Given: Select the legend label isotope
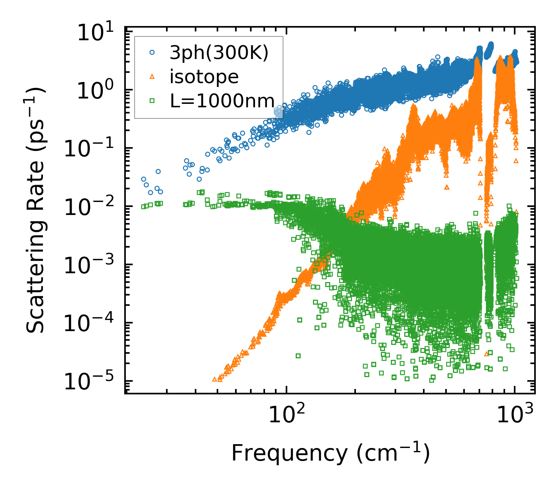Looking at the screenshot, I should click(x=204, y=77).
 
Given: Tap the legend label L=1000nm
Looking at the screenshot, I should click(x=222, y=101).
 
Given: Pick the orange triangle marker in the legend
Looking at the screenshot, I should click(x=152, y=77).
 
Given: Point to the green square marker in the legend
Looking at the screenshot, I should click(x=152, y=101).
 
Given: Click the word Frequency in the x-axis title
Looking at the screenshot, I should click(x=289, y=454).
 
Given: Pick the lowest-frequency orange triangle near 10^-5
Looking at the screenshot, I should click(x=214, y=379).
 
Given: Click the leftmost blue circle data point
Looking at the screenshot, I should click(x=143, y=179).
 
